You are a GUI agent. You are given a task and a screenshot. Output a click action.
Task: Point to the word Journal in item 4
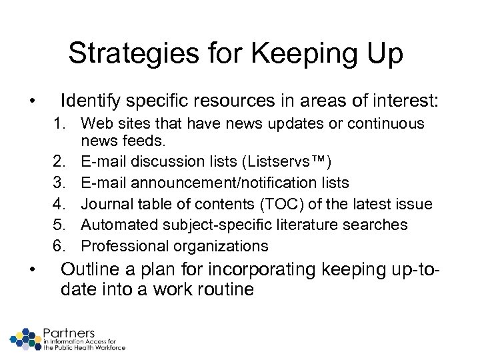pyautogui.click(x=103, y=203)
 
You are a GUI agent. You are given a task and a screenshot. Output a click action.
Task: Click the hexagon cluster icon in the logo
pyautogui.click(x=26, y=338)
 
